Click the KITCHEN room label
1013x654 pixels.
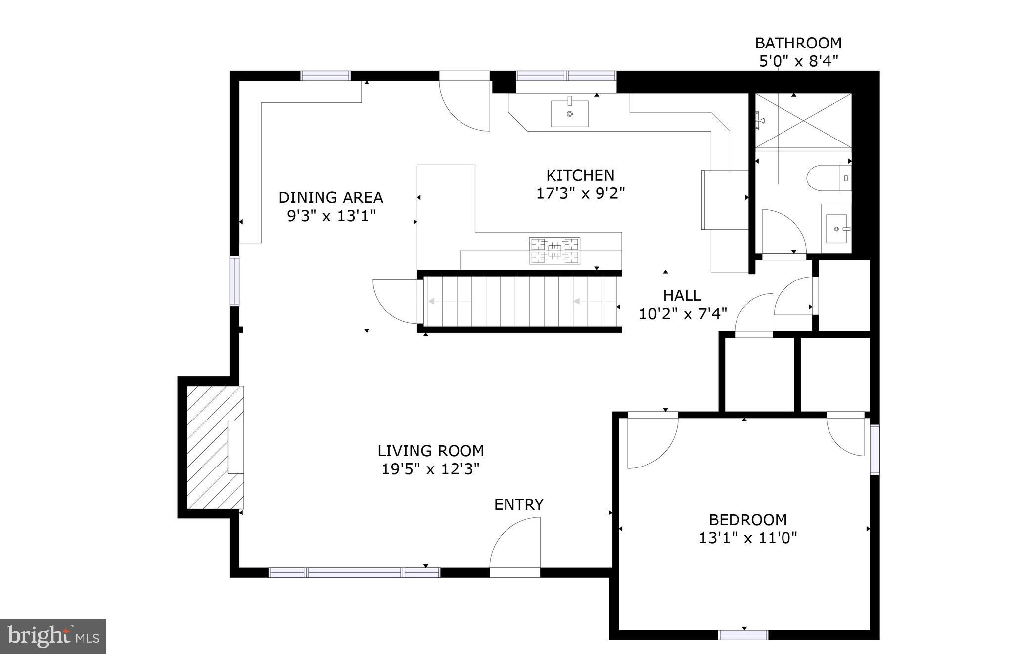[580, 175]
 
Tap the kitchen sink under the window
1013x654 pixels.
[570, 113]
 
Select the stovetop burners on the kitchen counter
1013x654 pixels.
[554, 250]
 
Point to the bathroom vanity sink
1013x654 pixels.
[836, 229]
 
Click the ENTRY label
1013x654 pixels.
[518, 504]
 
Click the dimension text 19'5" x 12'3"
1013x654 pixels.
[430, 469]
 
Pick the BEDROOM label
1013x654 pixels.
[747, 520]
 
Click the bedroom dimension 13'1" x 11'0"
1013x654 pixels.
[747, 538]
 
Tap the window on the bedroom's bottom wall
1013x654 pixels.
[743, 635]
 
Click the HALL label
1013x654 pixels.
[682, 295]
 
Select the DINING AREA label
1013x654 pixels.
[330, 197]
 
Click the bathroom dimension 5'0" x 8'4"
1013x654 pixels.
[798, 61]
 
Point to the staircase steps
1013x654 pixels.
[519, 301]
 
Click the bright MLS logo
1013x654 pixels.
[53, 636]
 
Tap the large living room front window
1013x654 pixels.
[354, 573]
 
